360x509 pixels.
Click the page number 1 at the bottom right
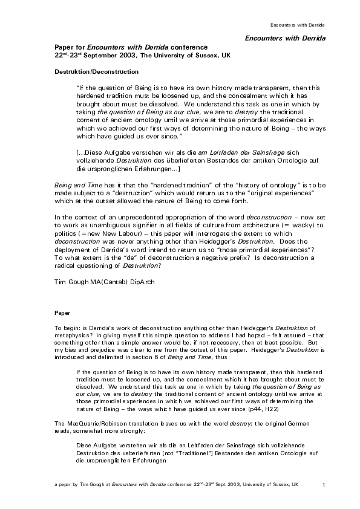pos(324,486)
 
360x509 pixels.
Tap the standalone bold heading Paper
pos(62,314)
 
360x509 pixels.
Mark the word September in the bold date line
pos(97,55)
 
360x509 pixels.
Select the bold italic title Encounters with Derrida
pos(285,38)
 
